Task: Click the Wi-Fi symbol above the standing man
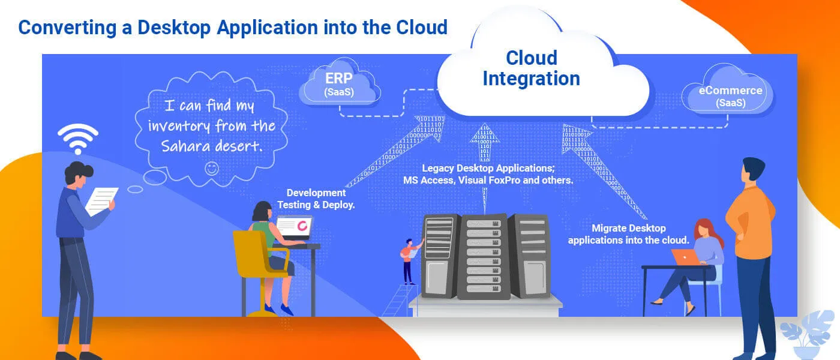[78, 139]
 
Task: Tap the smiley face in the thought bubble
[211, 169]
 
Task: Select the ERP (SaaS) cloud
[339, 85]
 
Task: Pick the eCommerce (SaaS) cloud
[730, 96]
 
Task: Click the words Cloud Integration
[531, 68]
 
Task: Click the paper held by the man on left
[101, 200]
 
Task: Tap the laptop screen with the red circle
[295, 226]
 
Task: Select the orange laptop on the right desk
[686, 257]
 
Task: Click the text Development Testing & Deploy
[316, 199]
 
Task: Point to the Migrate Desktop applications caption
[628, 234]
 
